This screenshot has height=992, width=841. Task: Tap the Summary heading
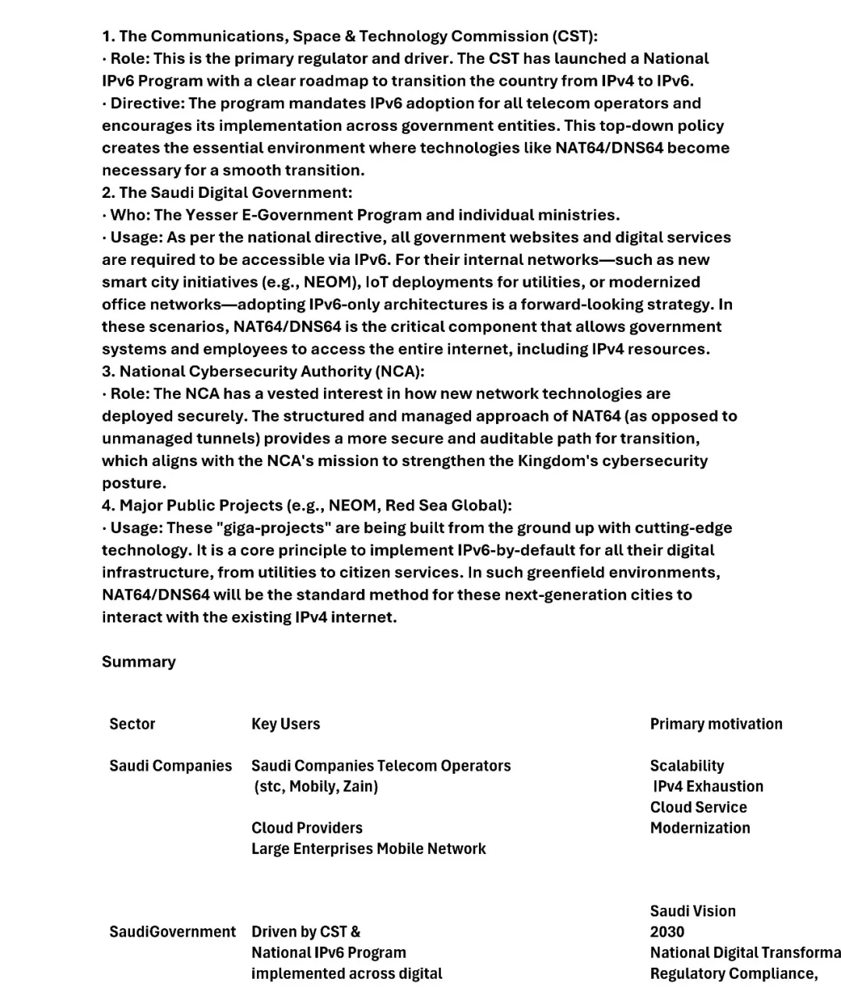click(x=139, y=662)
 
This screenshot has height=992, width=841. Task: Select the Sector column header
click(x=132, y=724)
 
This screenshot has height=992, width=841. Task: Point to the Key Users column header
click(x=286, y=724)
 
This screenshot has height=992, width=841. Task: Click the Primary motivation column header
click(x=716, y=724)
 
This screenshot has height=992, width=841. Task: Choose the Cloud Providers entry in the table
click(x=307, y=828)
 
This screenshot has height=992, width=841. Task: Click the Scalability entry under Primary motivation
click(x=687, y=766)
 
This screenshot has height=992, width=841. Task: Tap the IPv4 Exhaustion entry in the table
click(x=709, y=786)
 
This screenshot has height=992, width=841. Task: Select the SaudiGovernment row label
click(x=172, y=932)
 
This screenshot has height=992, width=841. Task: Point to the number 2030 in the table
click(x=667, y=932)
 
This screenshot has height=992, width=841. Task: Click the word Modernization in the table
click(x=700, y=828)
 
